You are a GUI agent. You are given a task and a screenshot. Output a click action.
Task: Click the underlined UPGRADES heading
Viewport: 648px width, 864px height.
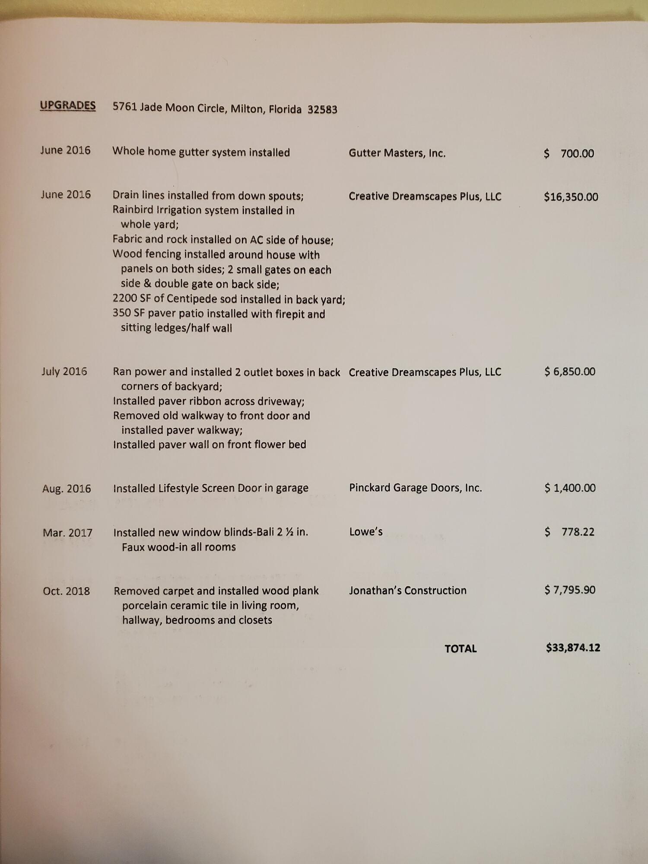click(x=68, y=105)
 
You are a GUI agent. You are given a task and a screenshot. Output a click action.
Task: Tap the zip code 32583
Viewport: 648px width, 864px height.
click(x=322, y=110)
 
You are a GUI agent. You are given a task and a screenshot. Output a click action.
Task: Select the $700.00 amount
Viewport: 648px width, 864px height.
click(x=569, y=153)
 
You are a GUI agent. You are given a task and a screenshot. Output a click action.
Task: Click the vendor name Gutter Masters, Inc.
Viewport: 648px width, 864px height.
click(x=397, y=153)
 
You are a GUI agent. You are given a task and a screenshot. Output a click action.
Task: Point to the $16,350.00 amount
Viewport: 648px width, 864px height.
click(x=571, y=197)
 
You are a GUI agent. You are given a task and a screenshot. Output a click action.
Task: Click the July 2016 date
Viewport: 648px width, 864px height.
click(x=64, y=372)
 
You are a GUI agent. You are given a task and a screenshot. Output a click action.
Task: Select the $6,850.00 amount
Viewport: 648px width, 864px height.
click(x=570, y=372)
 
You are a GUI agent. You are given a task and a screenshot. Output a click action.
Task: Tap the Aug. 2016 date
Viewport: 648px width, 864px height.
click(x=67, y=489)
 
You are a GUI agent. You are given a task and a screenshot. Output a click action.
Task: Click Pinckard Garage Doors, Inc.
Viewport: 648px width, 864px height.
click(x=415, y=488)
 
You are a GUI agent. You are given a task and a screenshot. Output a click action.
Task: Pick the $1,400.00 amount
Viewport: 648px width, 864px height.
click(x=570, y=488)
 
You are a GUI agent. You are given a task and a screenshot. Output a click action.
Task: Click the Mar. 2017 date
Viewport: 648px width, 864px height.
click(x=67, y=533)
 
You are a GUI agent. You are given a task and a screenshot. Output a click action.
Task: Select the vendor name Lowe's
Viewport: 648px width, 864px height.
click(x=366, y=532)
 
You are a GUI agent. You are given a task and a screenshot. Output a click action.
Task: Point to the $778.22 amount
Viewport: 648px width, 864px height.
click(x=569, y=532)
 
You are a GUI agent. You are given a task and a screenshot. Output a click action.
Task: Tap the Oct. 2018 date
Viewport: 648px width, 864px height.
click(x=66, y=591)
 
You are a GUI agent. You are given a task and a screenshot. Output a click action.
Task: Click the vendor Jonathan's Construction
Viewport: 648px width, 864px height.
click(x=408, y=591)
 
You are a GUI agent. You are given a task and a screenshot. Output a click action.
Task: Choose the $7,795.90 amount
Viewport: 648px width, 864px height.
click(x=570, y=590)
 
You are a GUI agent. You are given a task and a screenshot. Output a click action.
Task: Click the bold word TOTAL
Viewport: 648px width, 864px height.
click(x=461, y=648)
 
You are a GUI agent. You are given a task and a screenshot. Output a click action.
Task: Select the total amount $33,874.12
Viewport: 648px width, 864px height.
click(x=573, y=648)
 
